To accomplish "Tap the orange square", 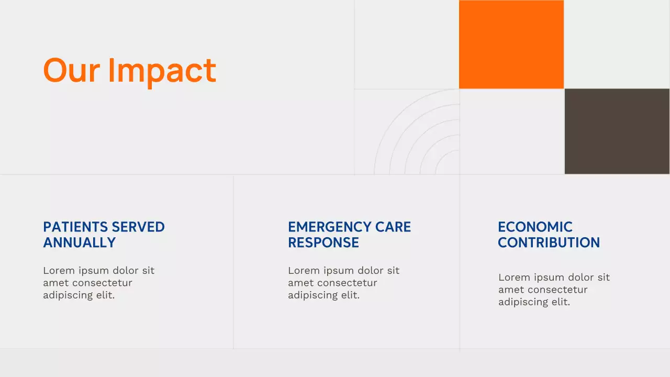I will click(511, 45).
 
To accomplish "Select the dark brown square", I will click(617, 131).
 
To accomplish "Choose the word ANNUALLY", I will click(79, 242).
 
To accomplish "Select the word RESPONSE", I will click(323, 242).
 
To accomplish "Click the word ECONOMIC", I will click(535, 227).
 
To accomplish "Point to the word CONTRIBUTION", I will click(549, 242).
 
